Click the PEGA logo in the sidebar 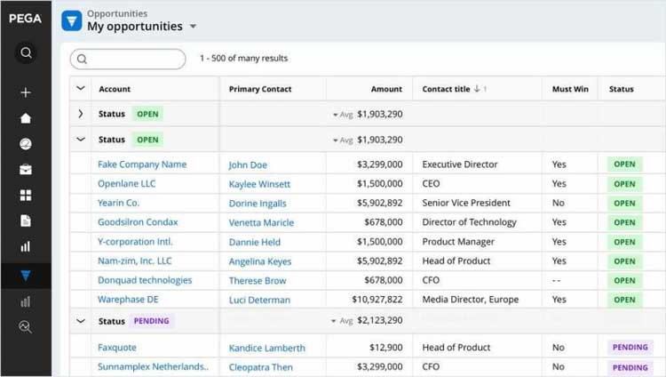point(25,19)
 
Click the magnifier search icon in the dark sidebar point(26,53)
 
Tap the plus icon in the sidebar point(26,92)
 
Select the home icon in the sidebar point(26,118)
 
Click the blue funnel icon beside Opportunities point(72,20)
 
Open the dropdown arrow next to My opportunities point(193,27)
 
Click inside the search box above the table point(133,59)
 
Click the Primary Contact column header point(260,89)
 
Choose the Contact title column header point(450,89)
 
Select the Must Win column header point(569,89)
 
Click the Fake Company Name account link point(142,164)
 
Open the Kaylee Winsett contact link point(259,184)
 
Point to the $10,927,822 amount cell point(377,300)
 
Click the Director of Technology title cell point(469,222)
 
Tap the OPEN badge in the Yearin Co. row point(624,204)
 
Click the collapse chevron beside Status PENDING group point(81,321)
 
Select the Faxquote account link point(117,348)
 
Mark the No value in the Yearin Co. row point(558,203)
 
